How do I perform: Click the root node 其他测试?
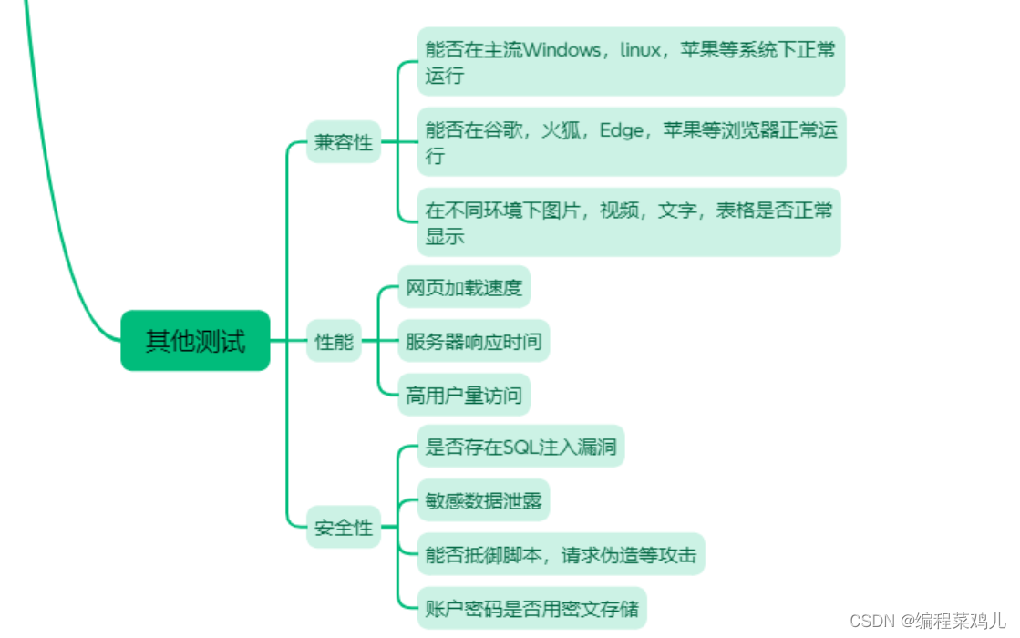point(195,341)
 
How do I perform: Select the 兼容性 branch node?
point(344,142)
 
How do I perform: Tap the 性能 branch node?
point(334,342)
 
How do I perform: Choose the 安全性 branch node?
point(344,527)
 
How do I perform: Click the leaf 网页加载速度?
point(464,288)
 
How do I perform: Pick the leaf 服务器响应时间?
point(473,342)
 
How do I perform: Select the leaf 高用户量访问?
point(464,395)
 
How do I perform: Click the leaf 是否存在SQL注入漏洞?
point(520,448)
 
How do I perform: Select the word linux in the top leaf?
point(640,50)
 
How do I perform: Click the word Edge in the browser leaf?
point(620,129)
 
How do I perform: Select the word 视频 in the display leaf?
point(619,211)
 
